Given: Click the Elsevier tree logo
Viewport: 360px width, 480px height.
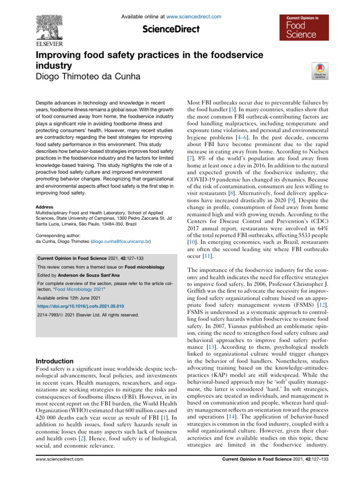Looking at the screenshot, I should click(49, 26).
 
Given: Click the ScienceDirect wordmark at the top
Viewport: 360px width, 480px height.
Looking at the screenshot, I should click(171, 30).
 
